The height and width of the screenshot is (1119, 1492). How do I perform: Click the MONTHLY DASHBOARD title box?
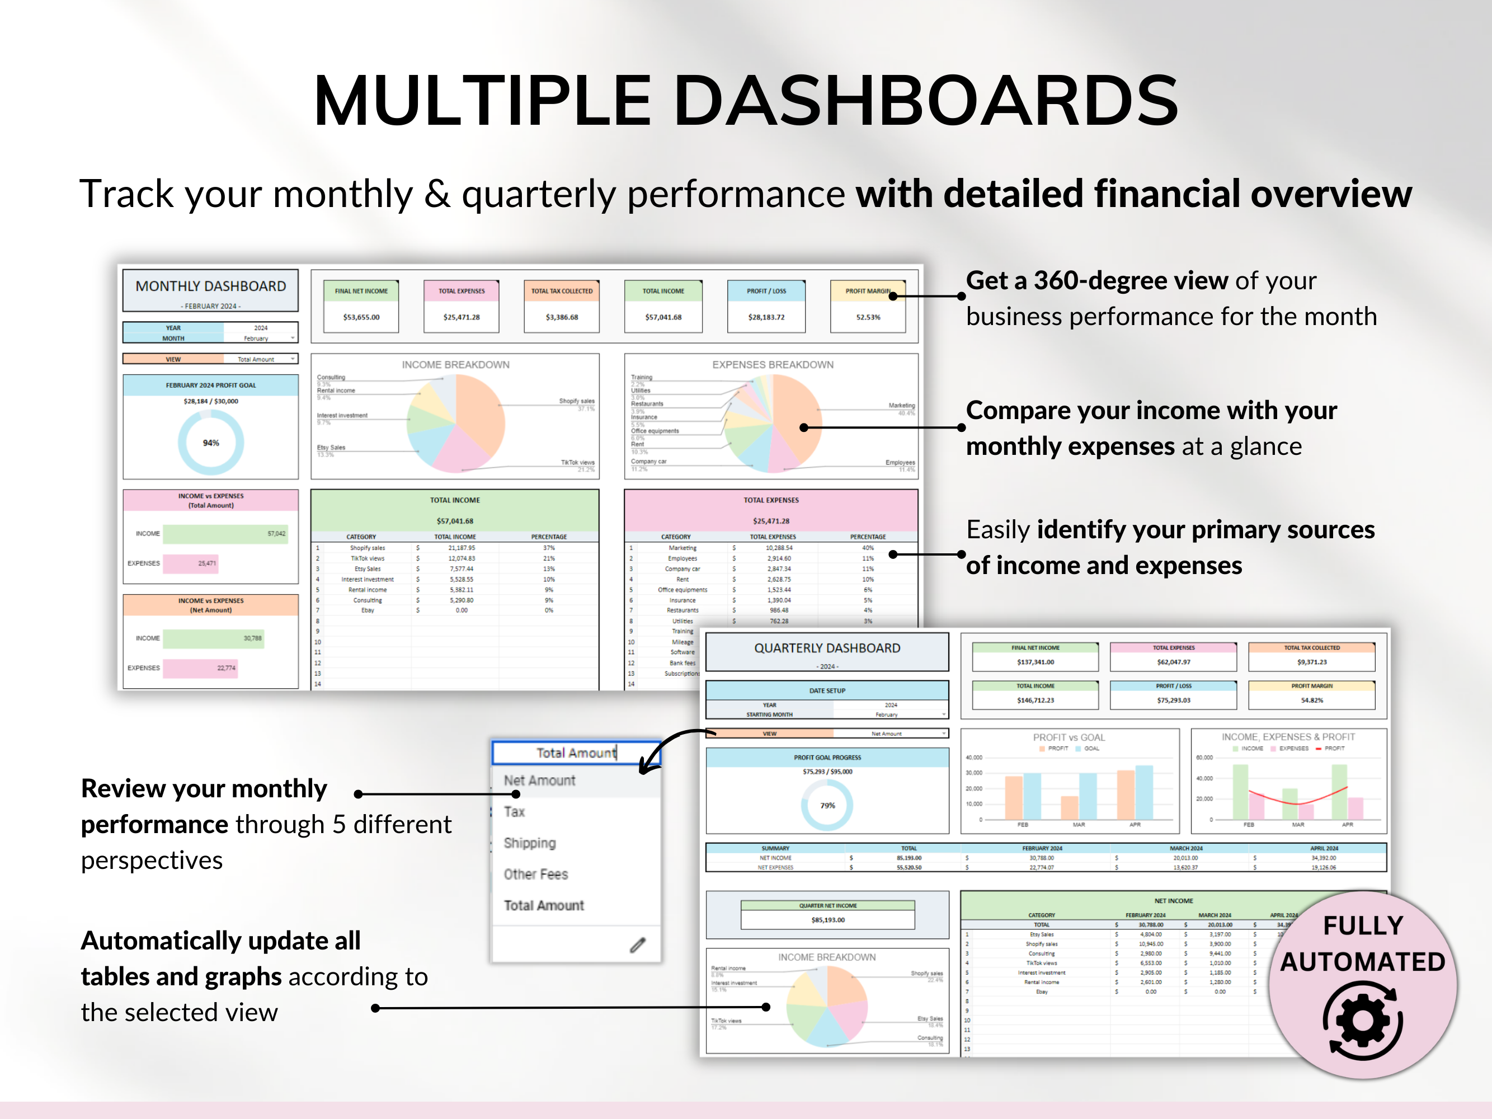tap(210, 290)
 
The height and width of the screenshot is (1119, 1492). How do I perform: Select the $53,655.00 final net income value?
tap(361, 317)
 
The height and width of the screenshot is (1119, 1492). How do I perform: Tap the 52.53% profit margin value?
tap(868, 317)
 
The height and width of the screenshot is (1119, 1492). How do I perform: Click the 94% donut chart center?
tap(210, 443)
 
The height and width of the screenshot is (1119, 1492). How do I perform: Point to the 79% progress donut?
tap(827, 805)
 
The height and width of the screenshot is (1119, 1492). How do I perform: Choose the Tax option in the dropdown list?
tap(515, 812)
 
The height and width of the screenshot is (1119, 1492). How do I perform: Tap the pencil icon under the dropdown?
tap(637, 945)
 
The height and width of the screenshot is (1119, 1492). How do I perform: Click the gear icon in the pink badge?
tap(1363, 1021)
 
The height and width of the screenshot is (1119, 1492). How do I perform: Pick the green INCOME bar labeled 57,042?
tap(224, 534)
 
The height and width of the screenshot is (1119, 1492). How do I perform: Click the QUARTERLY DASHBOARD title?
tap(827, 648)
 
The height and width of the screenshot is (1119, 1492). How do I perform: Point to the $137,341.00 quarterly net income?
tap(1036, 662)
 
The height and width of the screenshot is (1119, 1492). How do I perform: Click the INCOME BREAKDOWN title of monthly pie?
tap(455, 365)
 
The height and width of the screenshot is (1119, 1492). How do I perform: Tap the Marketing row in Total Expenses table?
tap(683, 548)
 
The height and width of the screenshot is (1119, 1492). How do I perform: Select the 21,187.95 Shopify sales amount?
tap(462, 548)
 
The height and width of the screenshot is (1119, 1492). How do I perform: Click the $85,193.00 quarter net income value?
tap(827, 920)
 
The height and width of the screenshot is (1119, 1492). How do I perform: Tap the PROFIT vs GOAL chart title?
tap(1069, 737)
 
